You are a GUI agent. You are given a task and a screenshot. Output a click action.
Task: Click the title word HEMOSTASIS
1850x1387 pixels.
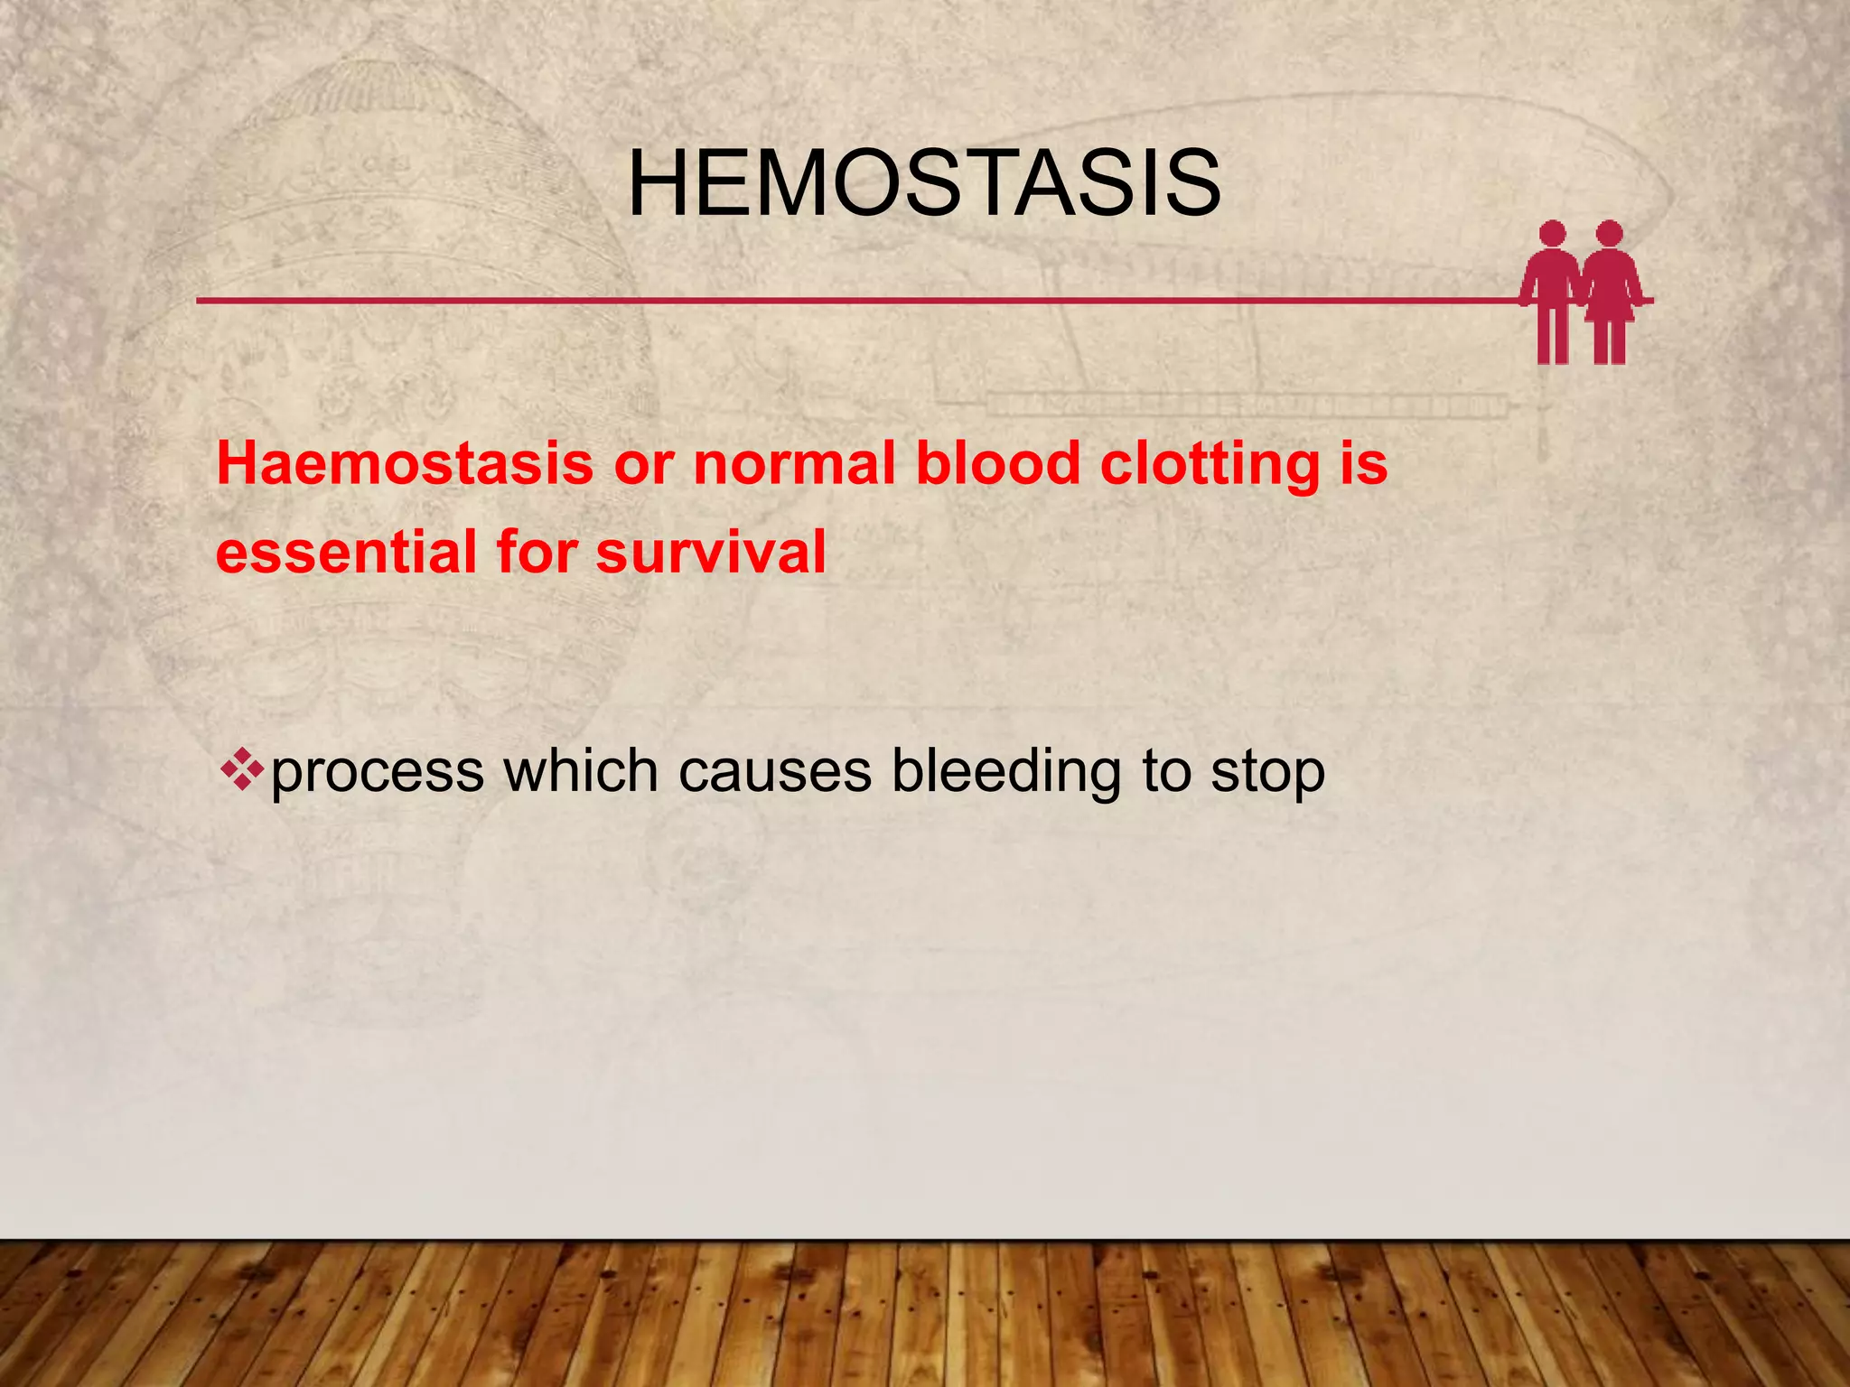pos(924,184)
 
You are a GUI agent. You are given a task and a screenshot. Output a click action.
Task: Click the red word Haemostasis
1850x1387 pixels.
pos(404,464)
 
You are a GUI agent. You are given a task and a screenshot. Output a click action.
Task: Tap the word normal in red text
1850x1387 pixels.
pos(793,464)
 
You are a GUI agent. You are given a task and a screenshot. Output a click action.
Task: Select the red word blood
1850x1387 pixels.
pos(997,464)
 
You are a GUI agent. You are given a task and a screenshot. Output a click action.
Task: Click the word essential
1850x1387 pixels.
pos(345,553)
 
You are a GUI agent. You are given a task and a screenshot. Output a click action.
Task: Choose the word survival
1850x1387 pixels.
pos(711,553)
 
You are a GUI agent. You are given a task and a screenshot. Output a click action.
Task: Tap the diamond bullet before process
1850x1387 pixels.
pos(241,770)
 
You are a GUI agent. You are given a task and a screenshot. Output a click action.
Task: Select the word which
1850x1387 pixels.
pos(580,771)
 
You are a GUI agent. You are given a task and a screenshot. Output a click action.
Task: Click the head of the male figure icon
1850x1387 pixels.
pos(1552,234)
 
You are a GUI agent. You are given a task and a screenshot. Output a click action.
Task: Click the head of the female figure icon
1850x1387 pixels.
pos(1609,234)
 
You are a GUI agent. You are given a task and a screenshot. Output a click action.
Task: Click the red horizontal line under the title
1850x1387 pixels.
pos(813,300)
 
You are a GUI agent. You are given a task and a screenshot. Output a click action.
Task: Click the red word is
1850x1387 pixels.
pos(1363,464)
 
